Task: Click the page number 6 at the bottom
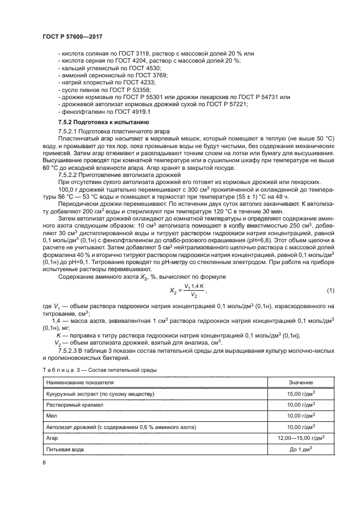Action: point(44,462)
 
